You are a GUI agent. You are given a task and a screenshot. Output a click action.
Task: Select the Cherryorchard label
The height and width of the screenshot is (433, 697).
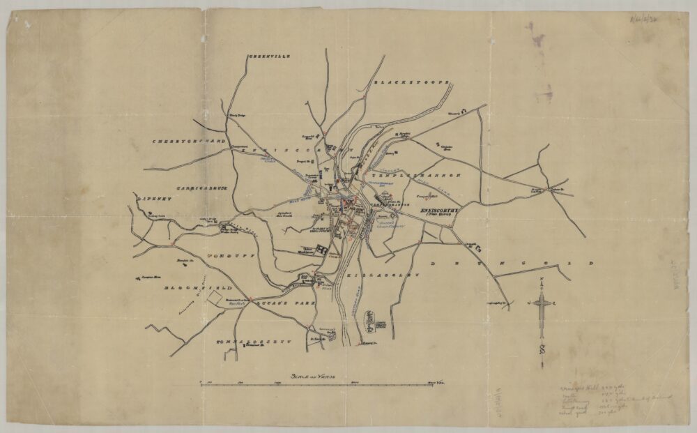tap(190, 141)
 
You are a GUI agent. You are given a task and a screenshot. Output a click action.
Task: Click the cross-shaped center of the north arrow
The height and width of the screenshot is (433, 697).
tap(542, 302)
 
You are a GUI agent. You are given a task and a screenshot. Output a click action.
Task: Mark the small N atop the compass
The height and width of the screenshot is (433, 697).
tap(542, 280)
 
